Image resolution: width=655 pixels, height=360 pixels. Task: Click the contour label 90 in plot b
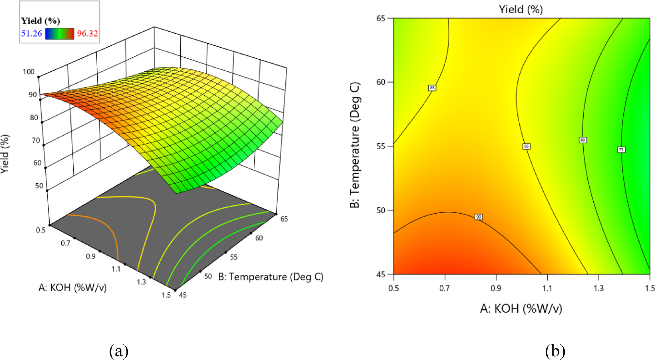478,217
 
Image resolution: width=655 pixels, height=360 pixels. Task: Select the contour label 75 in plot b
621,150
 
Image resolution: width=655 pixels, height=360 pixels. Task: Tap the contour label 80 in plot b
583,140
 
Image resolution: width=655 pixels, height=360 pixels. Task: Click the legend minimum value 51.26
32,33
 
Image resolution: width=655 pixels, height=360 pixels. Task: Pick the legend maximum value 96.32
87,33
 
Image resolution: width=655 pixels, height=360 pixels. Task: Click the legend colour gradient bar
60,34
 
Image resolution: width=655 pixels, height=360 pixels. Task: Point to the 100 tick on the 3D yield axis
29,72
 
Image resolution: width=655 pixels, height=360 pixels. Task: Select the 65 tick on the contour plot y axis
381,18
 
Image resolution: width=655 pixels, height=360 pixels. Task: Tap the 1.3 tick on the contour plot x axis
598,288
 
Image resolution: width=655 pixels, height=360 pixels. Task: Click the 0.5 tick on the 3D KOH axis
41,230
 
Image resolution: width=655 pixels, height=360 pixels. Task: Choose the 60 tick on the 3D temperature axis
259,238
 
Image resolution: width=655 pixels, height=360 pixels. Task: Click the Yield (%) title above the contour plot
521,9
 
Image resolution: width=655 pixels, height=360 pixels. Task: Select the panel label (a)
119,352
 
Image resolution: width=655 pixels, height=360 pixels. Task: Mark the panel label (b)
555,352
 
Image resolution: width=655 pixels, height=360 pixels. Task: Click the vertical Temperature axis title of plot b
355,145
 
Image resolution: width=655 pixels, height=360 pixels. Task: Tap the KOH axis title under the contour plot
521,308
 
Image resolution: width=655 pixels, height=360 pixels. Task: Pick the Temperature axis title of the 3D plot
271,277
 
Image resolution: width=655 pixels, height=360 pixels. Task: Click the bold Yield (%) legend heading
40,21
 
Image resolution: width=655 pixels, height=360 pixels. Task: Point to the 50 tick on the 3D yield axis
39,186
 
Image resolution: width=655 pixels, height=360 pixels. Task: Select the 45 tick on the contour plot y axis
381,275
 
